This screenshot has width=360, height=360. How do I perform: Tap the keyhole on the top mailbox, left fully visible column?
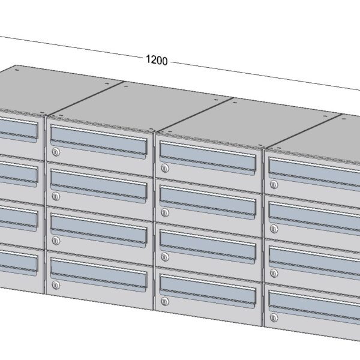coord(55,151)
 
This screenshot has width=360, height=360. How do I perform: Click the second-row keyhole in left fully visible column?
coord(55,196)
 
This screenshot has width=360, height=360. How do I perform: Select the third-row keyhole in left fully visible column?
coord(55,240)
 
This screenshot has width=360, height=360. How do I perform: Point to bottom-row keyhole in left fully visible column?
coord(55,284)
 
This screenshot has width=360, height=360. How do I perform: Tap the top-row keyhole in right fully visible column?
coord(165,169)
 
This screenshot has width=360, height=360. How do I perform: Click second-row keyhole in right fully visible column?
coord(165,212)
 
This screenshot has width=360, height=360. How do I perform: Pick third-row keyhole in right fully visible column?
coord(165,256)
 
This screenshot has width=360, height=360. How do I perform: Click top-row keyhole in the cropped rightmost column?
coord(274,185)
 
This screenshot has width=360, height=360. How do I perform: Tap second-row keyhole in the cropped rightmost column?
coord(274,229)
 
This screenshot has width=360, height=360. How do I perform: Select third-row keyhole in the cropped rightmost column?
coord(274,272)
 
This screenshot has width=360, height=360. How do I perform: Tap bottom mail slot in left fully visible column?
coord(98,274)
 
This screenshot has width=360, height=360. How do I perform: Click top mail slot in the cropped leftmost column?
coord(18,128)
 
